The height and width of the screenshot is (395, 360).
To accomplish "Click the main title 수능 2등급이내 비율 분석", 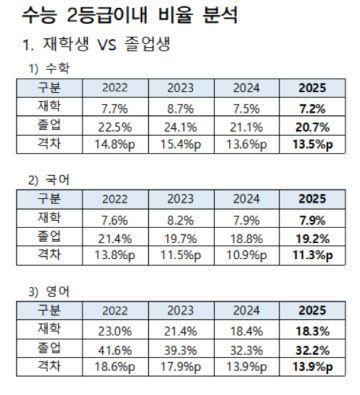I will tap(121, 18).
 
